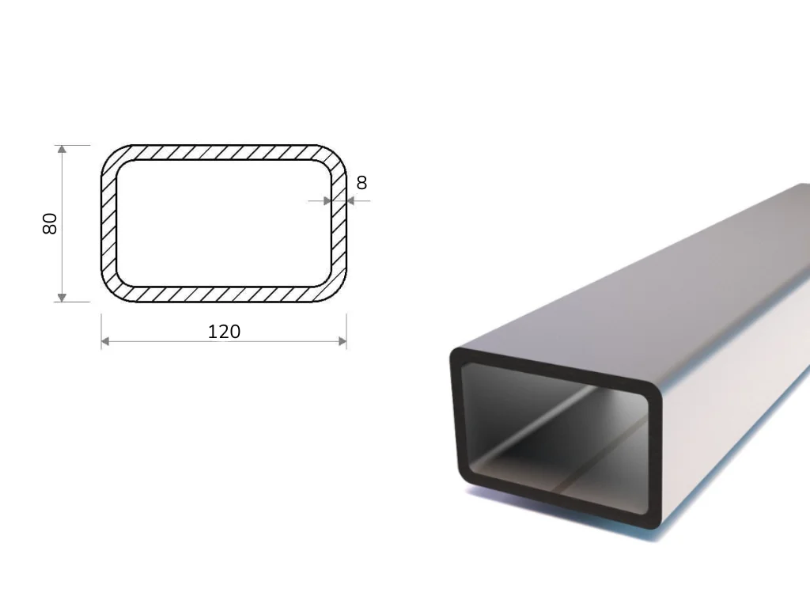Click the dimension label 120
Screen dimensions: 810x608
[224, 332]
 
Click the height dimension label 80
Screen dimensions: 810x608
[50, 223]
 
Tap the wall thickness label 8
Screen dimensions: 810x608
[361, 183]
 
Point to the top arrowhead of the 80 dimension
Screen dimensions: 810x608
[62, 150]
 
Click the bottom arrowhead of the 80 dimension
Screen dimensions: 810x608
[62, 298]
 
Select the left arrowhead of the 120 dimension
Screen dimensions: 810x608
[105, 341]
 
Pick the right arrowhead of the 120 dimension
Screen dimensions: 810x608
[342, 341]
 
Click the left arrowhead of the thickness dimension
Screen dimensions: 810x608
[327, 201]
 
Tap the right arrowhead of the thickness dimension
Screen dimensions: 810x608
[350, 201]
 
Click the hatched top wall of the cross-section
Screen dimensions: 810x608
[224, 153]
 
